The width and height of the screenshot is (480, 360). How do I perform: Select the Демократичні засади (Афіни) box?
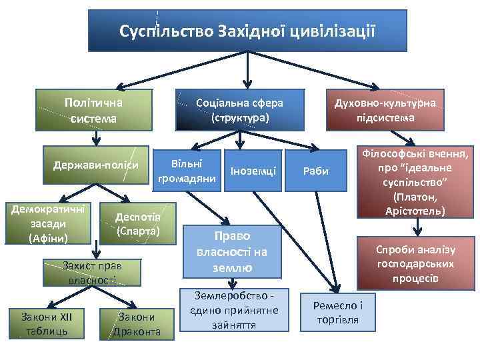47,219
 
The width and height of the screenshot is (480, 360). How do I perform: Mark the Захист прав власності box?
93,273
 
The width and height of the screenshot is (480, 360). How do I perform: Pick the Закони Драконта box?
137,324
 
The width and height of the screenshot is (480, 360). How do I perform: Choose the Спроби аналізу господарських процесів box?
415,263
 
